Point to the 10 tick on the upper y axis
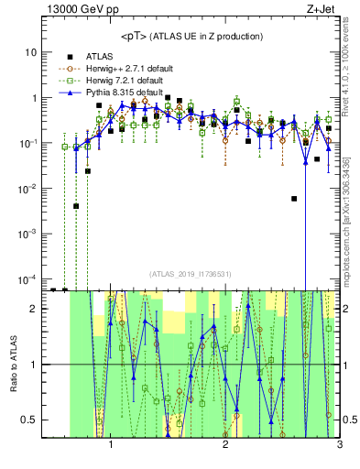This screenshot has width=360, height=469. coord(30,52)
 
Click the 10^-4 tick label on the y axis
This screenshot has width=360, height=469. coord(27,278)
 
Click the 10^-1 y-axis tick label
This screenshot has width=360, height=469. coord(27,143)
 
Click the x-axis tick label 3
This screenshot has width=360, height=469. coord(339,448)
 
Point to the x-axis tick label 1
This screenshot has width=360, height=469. coord(111,448)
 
